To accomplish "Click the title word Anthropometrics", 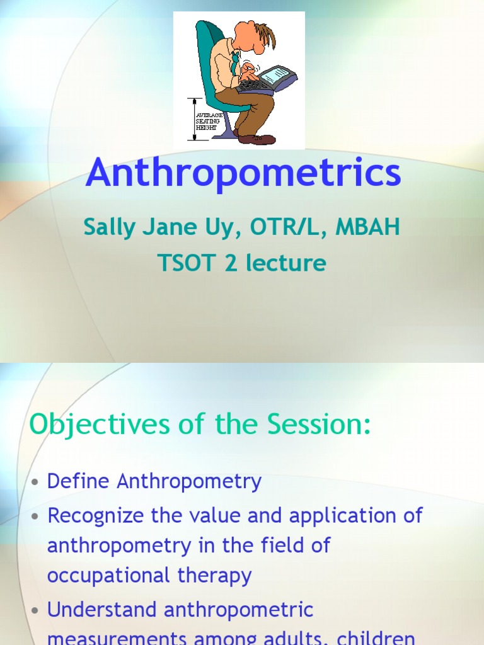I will tap(243, 173).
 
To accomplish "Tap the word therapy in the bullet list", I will tap(221, 576).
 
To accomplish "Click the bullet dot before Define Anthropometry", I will tap(35, 482).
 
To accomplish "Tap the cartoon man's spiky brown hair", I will tap(263, 34).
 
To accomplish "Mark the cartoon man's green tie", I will tap(234, 63).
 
